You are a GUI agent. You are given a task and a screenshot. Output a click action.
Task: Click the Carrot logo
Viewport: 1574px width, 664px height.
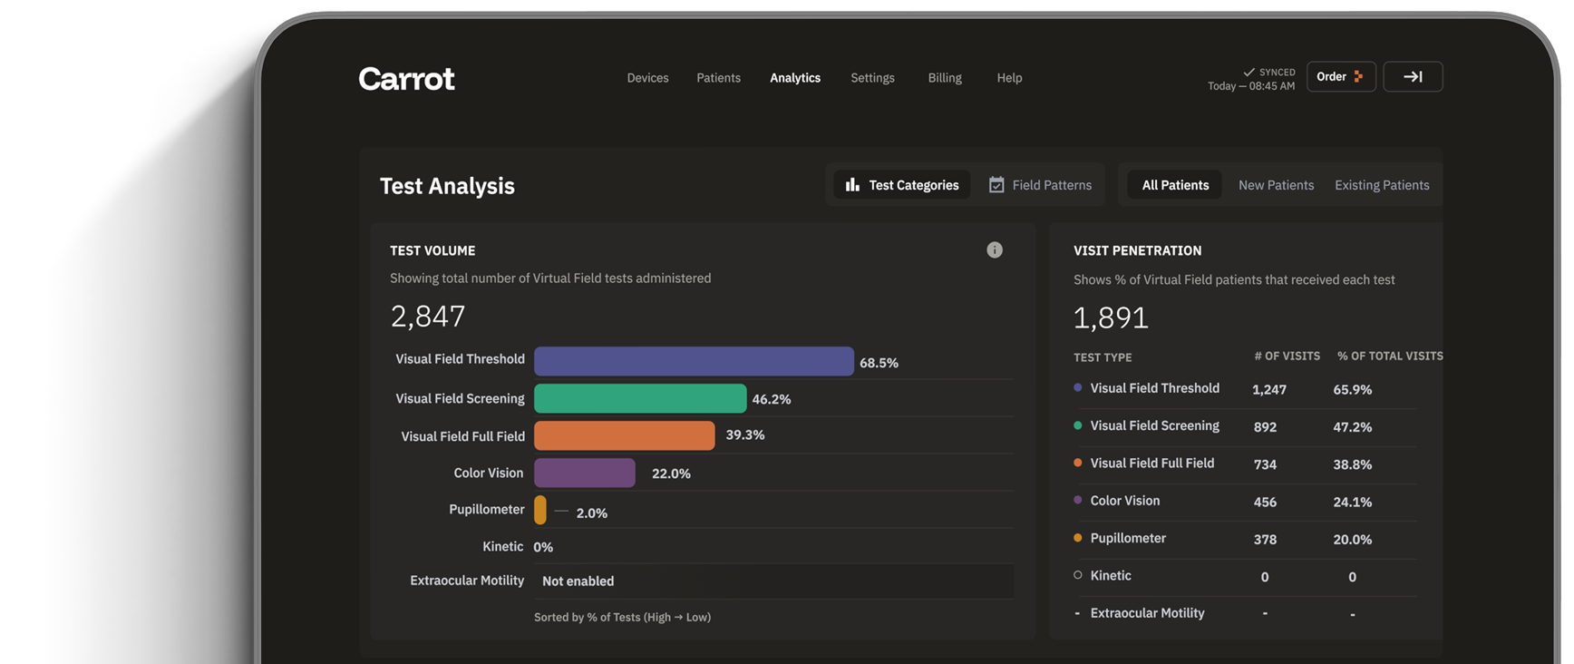point(406,79)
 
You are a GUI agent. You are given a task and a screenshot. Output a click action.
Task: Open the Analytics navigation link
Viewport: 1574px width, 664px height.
point(795,78)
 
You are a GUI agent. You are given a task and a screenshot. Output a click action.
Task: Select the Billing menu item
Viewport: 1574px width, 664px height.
point(945,78)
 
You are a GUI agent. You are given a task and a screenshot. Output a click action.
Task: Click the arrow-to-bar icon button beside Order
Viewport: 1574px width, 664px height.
point(1413,77)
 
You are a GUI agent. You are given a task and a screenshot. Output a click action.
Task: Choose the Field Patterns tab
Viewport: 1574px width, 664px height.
point(1040,185)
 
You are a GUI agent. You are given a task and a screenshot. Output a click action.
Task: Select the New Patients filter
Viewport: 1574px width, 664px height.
point(1276,185)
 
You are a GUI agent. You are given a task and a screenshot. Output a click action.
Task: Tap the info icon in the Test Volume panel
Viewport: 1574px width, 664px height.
point(995,250)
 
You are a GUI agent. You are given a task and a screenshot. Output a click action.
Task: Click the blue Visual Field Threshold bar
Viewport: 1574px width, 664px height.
point(694,361)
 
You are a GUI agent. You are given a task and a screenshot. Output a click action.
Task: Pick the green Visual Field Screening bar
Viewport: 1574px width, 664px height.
point(640,398)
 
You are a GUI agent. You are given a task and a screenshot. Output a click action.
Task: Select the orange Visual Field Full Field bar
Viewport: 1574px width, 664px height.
point(624,435)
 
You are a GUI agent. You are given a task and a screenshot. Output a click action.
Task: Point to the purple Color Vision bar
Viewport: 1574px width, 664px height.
point(585,473)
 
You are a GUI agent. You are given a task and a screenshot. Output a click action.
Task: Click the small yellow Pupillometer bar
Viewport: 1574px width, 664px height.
point(540,510)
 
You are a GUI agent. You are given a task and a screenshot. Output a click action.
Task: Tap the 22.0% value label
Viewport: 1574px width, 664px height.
point(671,474)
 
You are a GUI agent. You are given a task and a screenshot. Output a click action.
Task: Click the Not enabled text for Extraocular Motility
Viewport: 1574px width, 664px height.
point(578,581)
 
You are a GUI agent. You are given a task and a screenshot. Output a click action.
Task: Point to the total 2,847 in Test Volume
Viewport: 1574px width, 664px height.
point(428,317)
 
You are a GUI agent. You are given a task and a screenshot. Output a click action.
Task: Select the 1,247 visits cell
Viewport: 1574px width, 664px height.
point(1269,390)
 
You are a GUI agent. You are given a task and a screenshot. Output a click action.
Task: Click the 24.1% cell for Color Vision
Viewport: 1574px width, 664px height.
point(1352,502)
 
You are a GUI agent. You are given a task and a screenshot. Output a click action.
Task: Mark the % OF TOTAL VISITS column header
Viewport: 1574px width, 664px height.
point(1389,356)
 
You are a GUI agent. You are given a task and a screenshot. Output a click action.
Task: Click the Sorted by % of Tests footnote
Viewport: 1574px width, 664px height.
point(622,618)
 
